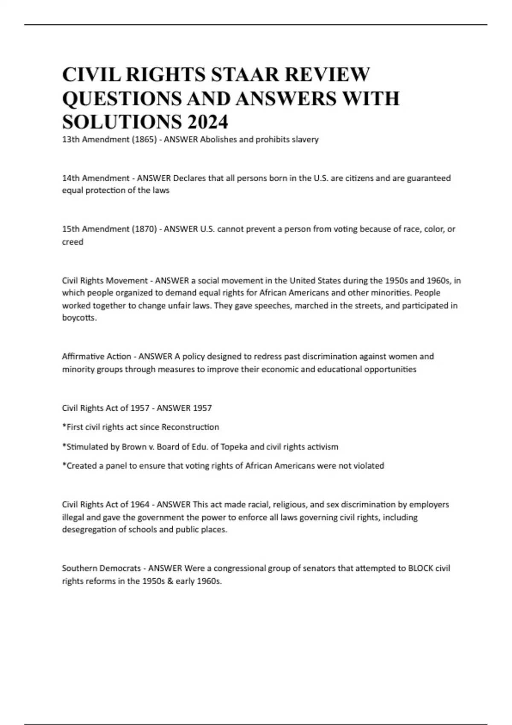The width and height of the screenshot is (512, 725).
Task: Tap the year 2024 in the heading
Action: [207, 122]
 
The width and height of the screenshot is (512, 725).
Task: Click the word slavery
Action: [305, 139]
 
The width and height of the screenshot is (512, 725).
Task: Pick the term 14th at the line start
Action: [71, 178]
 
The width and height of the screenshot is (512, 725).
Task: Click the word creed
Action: [73, 242]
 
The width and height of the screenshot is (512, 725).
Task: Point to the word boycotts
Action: [79, 318]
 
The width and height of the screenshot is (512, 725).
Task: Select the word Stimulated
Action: [85, 447]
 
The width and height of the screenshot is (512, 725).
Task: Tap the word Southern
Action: [79, 568]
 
